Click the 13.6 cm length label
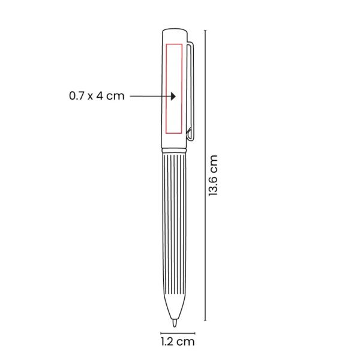click(213, 175)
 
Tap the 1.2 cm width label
click(178, 341)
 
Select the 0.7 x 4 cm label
click(97, 96)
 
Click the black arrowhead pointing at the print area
click(173, 96)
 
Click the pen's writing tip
click(175, 323)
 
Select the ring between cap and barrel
click(174, 151)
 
